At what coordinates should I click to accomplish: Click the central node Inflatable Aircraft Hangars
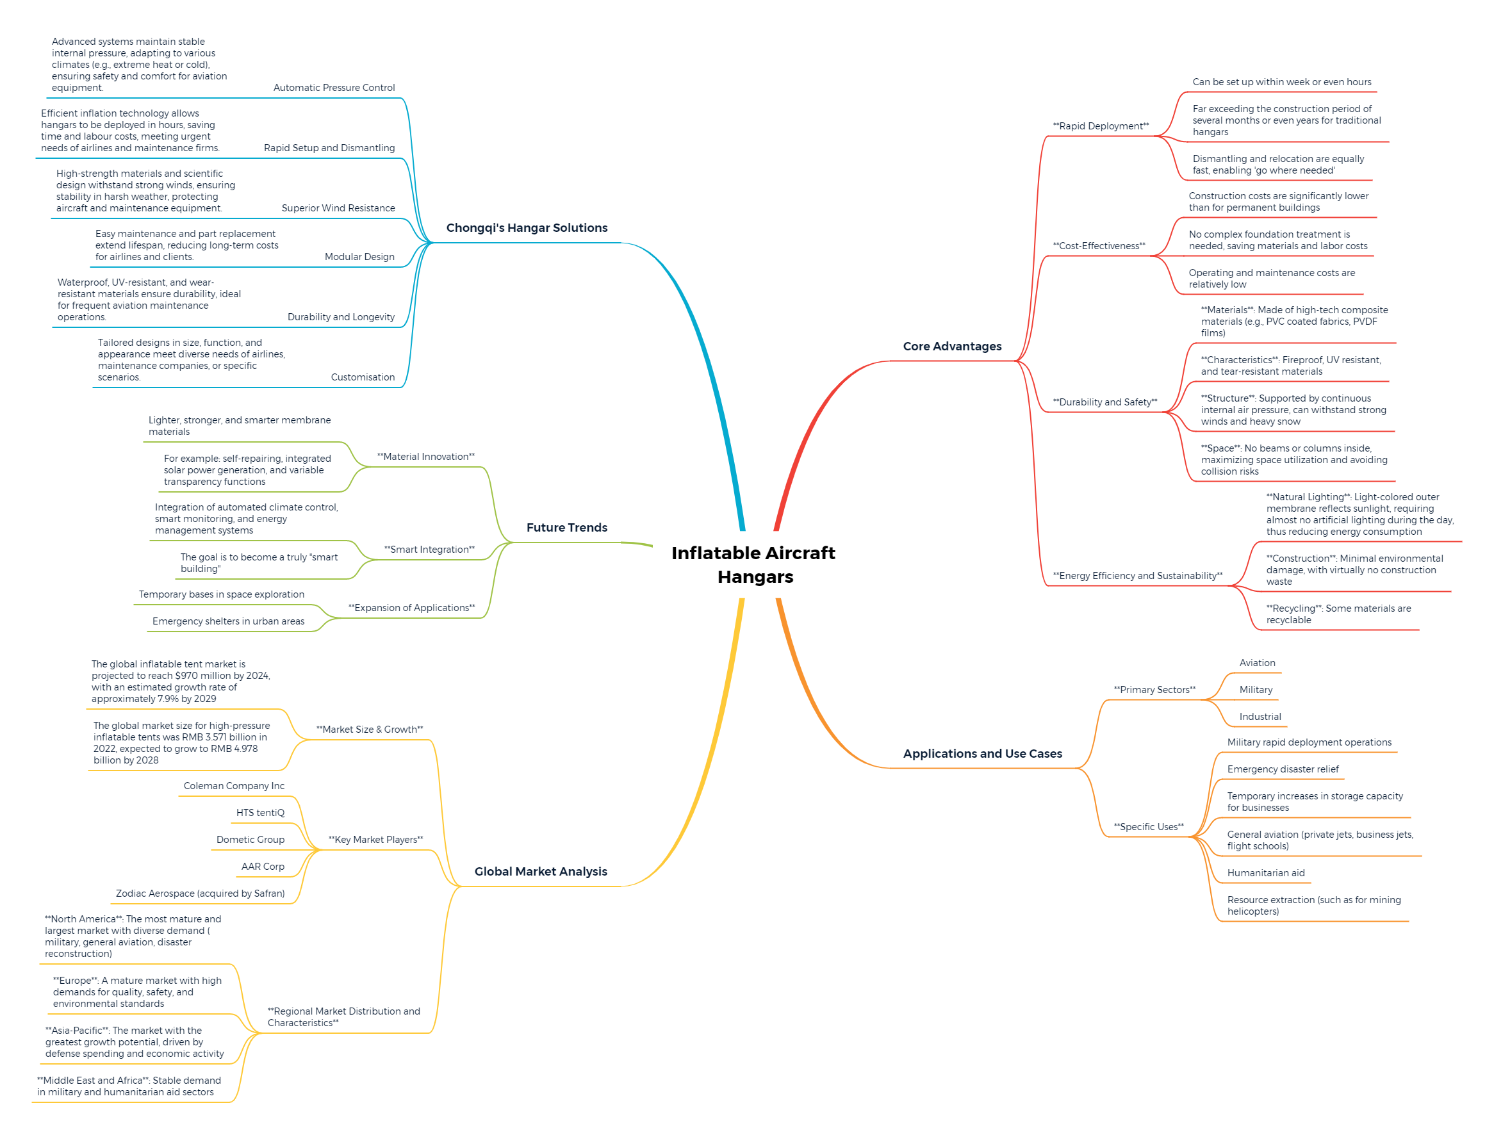754,564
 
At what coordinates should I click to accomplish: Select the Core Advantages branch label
952,346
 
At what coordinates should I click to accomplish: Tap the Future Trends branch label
566,527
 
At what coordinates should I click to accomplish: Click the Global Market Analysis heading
541,871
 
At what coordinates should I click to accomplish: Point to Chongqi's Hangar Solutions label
527,227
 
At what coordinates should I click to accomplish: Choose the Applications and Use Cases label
982,753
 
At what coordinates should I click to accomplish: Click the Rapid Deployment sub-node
1101,126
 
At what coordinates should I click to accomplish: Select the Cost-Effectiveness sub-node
1099,245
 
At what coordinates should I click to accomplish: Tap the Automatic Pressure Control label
334,87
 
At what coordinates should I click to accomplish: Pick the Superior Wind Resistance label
338,208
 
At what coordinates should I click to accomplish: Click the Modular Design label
359,256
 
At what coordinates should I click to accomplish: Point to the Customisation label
362,377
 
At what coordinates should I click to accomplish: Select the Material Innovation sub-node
425,456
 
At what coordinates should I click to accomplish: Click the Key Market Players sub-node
375,839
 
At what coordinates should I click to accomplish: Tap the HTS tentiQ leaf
260,812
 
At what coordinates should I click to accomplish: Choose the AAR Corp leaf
263,866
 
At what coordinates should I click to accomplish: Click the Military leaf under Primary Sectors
1256,689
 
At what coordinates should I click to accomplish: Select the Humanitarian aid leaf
1266,872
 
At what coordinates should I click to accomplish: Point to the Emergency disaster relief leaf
1283,769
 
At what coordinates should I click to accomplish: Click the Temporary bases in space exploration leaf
221,594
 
